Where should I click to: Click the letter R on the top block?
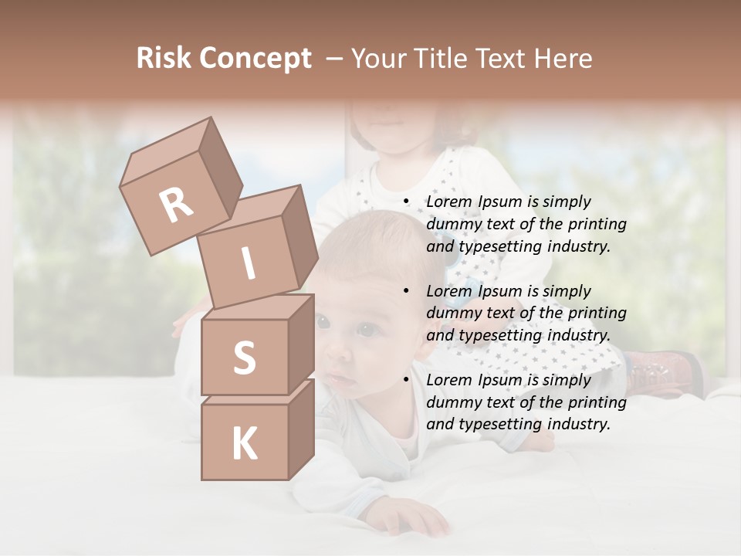click(x=176, y=205)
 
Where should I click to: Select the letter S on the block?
click(x=244, y=358)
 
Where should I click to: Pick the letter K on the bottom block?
click(x=244, y=444)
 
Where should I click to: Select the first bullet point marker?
click(x=406, y=202)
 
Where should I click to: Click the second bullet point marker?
click(x=406, y=291)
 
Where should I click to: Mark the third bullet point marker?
click(x=406, y=380)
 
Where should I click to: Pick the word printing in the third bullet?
click(x=597, y=402)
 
